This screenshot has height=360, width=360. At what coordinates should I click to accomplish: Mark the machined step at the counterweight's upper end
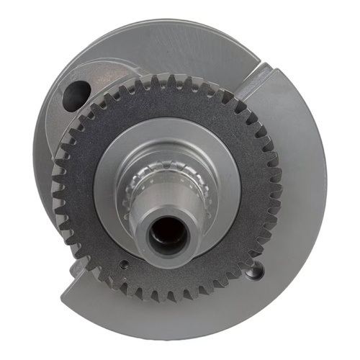[261, 79]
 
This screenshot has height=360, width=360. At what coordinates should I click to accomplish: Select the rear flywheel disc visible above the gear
[180, 47]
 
